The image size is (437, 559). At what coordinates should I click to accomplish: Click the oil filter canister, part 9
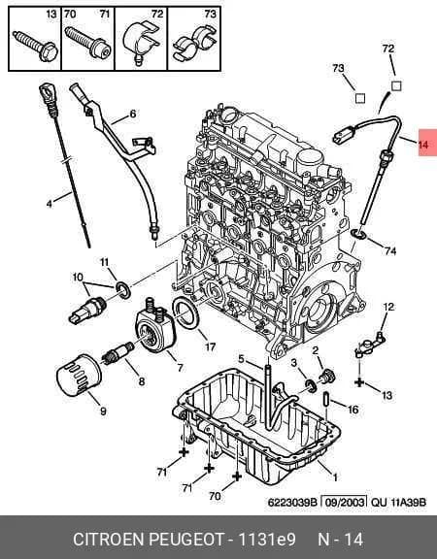[80, 376]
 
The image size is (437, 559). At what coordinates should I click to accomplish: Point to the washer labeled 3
[311, 384]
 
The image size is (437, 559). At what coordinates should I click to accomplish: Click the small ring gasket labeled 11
[122, 289]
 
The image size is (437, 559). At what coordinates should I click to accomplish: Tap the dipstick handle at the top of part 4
[48, 95]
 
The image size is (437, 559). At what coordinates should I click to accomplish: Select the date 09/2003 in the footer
[344, 503]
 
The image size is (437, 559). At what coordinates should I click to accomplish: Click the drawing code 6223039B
[292, 503]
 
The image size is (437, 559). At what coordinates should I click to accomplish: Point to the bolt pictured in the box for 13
[36, 47]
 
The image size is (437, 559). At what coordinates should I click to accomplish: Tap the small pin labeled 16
[326, 399]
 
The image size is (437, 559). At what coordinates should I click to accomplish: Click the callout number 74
[390, 251]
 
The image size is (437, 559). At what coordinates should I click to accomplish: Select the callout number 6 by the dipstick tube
[133, 114]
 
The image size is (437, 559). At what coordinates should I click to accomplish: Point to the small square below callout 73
[360, 98]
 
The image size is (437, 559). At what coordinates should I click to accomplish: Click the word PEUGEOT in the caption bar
[185, 539]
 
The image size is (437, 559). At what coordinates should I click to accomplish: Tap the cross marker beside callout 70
[237, 477]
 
